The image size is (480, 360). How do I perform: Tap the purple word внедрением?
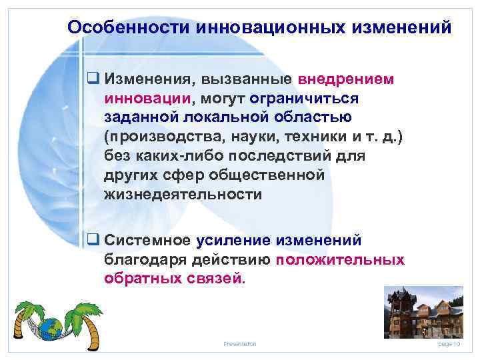346,79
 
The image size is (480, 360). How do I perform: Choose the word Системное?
147,239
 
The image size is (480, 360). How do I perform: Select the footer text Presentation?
240,343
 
